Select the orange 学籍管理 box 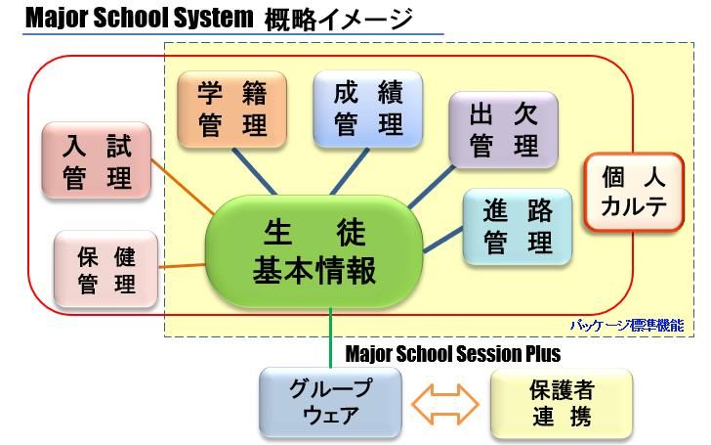(231, 108)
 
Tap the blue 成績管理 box (367, 108)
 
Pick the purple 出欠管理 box (503, 129)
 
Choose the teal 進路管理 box (517, 227)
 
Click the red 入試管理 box (98, 160)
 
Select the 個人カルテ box (633, 192)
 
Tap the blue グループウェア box (330, 401)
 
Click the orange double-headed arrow (445, 402)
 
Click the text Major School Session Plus (453, 353)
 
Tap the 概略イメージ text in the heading (338, 19)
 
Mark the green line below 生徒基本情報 (332, 337)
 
